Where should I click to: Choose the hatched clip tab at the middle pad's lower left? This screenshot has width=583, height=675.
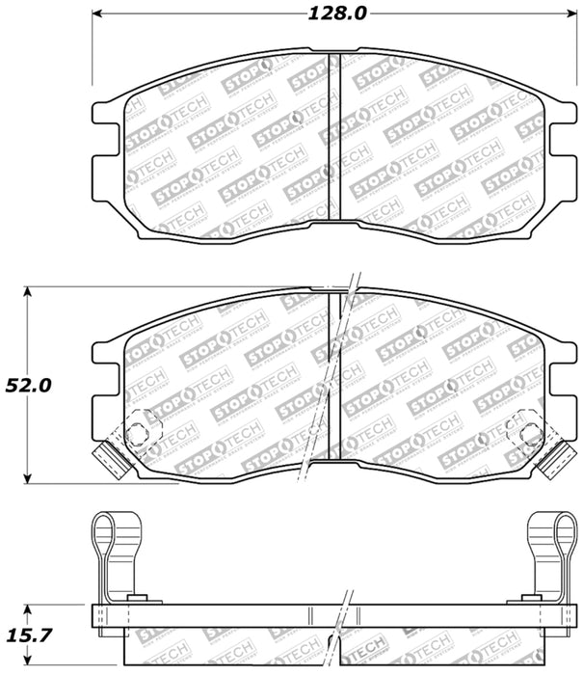[x=113, y=461]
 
